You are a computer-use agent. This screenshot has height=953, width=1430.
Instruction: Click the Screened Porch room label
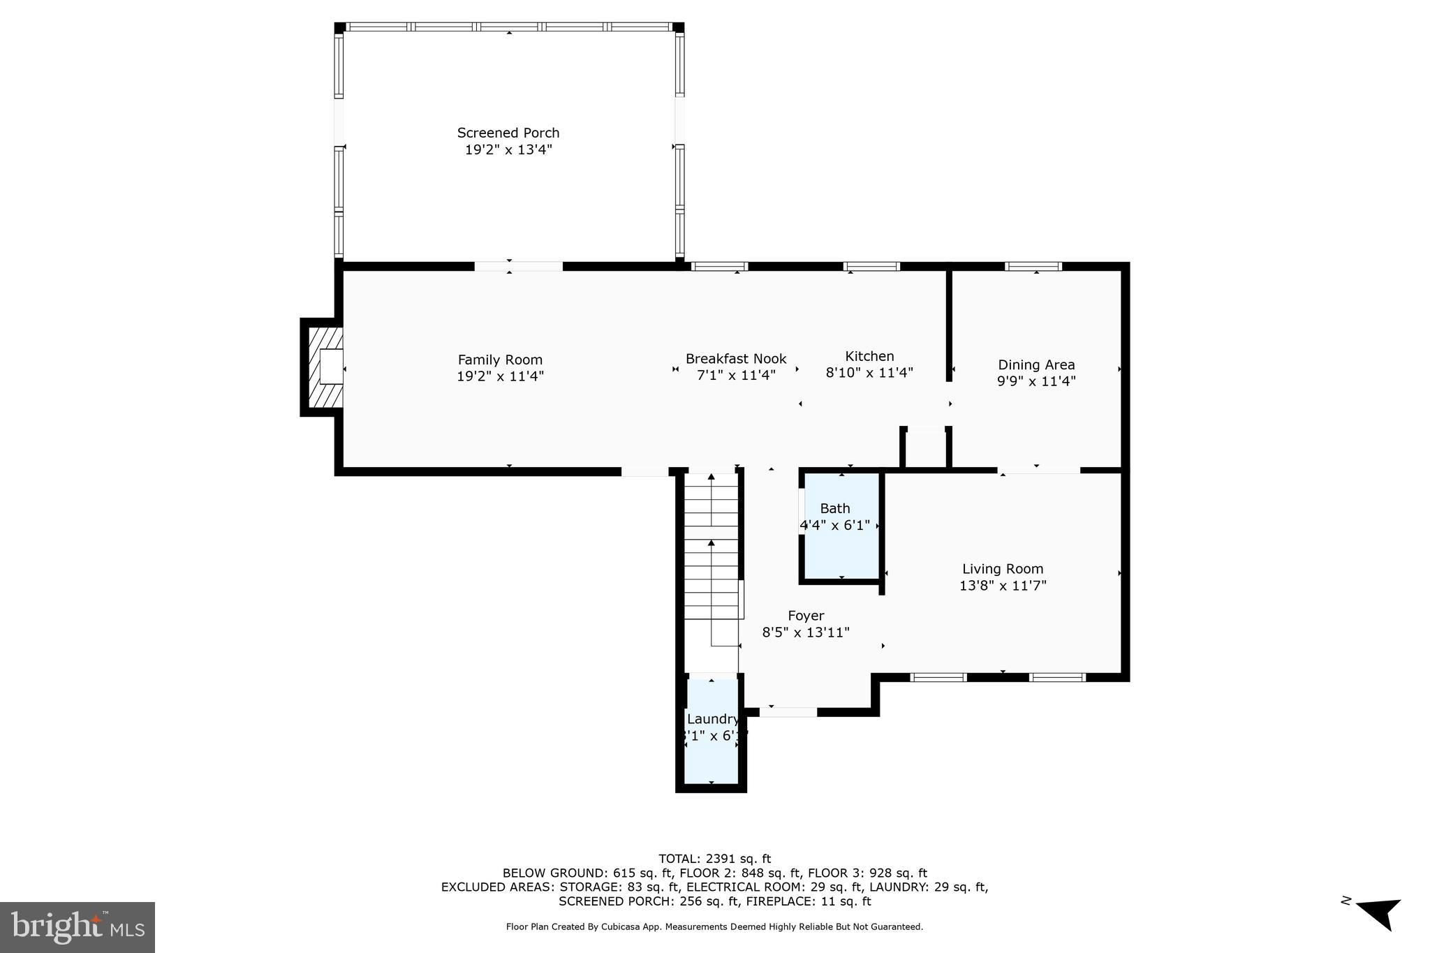click(508, 133)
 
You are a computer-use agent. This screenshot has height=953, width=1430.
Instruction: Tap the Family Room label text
click(500, 360)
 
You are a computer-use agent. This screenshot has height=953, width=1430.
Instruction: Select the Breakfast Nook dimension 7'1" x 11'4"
click(736, 376)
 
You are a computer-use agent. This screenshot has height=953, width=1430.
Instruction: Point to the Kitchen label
click(869, 356)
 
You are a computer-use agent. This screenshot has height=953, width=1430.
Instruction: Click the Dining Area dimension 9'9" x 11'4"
click(1036, 381)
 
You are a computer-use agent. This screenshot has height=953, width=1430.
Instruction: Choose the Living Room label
click(1003, 569)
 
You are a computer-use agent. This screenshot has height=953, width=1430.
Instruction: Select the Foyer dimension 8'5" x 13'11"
click(806, 633)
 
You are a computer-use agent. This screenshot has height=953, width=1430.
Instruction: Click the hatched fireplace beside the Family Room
click(323, 367)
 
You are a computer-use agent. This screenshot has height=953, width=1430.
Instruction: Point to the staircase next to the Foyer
click(711, 559)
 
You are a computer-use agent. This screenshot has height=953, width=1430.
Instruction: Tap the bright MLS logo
click(78, 927)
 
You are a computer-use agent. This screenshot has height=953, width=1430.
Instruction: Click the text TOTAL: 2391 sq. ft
click(714, 859)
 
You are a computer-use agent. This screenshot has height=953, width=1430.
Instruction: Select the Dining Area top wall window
click(1033, 266)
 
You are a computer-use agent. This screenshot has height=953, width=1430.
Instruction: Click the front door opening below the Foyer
click(788, 712)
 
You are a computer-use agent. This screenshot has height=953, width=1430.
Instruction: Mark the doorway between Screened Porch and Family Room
click(518, 266)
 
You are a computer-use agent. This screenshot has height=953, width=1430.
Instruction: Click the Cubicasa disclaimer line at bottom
click(714, 926)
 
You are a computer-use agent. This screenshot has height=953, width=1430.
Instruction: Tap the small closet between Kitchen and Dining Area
click(925, 449)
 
